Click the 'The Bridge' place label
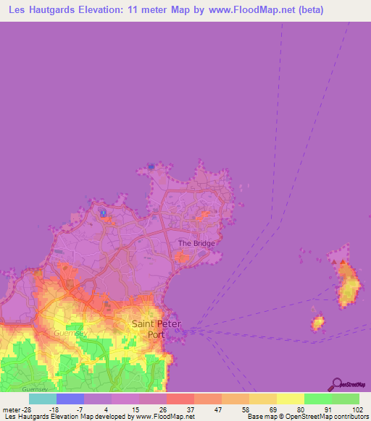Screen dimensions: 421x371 click(x=196, y=244)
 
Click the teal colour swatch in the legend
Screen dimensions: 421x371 click(x=43, y=399)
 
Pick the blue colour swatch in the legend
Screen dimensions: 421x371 click(x=70, y=399)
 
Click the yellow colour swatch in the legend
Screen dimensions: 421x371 click(x=290, y=399)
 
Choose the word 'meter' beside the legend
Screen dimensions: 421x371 click(x=9, y=409)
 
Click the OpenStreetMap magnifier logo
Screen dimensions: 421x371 click(x=336, y=384)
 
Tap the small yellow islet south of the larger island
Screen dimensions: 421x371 click(x=317, y=323)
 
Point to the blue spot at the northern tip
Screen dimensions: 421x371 click(x=151, y=167)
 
